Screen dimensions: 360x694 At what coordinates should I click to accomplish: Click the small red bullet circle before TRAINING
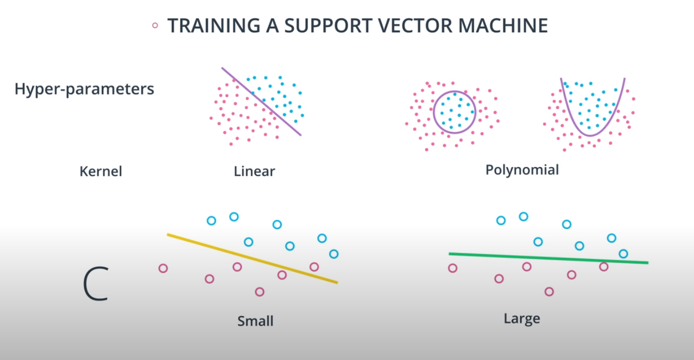click(x=154, y=25)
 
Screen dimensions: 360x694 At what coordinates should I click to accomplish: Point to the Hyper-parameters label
click(x=84, y=89)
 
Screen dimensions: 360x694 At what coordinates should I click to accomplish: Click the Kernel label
click(x=101, y=171)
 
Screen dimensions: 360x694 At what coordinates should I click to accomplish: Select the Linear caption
click(x=254, y=171)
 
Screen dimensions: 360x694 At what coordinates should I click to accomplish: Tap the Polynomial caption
click(x=522, y=170)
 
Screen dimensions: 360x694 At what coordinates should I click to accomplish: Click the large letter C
click(x=96, y=284)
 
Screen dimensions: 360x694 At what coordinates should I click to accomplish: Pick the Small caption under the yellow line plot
click(x=255, y=321)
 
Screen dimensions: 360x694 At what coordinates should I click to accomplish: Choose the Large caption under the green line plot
click(x=522, y=318)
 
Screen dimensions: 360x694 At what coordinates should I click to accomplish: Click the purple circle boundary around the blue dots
click(x=434, y=112)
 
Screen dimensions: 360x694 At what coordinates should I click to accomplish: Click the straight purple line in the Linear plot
click(x=261, y=101)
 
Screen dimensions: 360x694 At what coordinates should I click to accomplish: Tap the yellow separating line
click(x=252, y=258)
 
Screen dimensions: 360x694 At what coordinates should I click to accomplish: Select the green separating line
click(x=548, y=258)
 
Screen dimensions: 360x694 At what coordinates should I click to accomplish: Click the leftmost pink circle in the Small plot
click(x=163, y=268)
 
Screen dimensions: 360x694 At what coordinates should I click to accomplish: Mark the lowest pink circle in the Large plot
click(x=549, y=292)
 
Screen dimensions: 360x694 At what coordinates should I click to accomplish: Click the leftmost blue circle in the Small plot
click(x=211, y=220)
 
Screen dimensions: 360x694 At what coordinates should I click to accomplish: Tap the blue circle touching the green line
click(x=623, y=254)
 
